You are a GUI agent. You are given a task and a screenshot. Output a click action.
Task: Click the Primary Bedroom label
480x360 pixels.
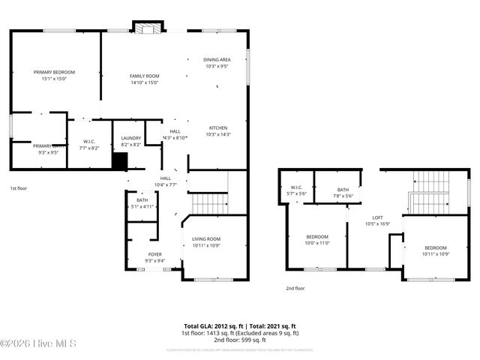point(54,72)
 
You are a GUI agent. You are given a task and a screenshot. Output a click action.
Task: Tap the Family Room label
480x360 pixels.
point(144,76)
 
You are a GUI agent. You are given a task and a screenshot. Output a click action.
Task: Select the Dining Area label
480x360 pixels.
point(217,59)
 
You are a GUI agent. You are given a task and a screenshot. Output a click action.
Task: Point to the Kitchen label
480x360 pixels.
point(217,127)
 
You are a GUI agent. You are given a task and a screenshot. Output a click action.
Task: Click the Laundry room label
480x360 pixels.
point(131,138)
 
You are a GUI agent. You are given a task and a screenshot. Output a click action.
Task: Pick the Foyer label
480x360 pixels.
point(154,254)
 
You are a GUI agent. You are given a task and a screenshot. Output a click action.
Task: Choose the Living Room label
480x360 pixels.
point(205,239)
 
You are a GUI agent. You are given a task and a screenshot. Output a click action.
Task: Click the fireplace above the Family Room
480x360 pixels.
point(145,28)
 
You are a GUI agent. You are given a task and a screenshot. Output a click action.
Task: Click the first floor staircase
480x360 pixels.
point(209,202)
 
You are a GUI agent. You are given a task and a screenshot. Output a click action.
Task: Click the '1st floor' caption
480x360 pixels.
point(18,188)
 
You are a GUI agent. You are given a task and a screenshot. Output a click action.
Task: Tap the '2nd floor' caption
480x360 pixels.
point(295,288)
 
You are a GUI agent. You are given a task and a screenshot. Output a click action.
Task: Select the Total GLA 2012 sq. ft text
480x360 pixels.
point(214,326)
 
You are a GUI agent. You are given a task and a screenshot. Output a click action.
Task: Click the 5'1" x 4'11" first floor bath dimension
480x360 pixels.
point(142,206)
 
